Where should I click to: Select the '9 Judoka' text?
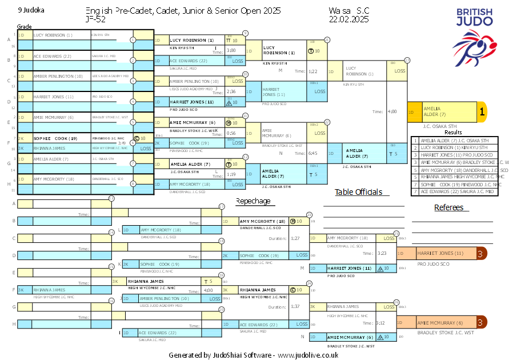point(31,10)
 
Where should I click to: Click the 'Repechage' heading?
point(253,201)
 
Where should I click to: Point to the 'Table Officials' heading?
point(358,192)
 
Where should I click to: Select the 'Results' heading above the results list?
point(453,132)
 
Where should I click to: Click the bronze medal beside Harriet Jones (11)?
point(482,253)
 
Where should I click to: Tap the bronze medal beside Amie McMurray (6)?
point(482,323)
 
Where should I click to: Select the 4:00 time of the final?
point(391,112)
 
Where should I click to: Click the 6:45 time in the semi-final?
point(313,153)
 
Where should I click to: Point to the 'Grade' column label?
point(25,27)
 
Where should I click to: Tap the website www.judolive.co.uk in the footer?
point(311,355)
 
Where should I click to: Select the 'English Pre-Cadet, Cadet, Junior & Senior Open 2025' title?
point(183,11)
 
